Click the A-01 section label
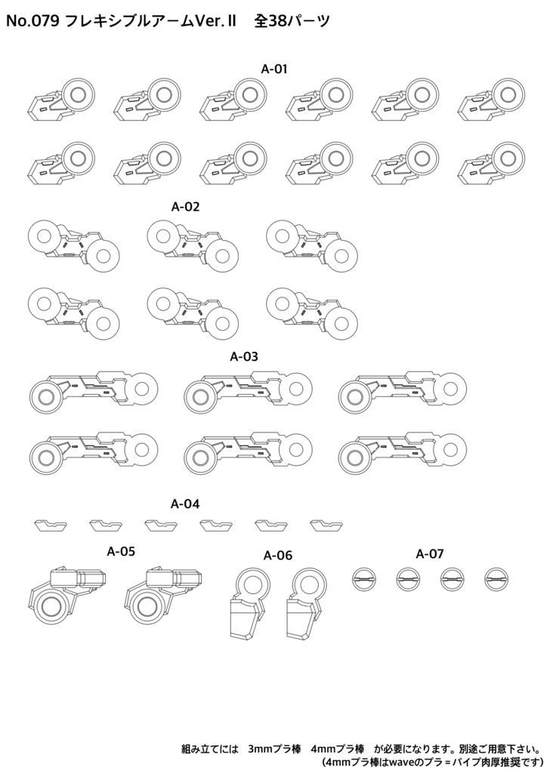273,69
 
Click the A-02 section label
185,207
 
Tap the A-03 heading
244,356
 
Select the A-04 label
185,504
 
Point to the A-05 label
121,551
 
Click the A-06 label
278,556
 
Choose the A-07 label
430,553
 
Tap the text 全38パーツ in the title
292,22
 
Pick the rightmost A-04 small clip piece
326,525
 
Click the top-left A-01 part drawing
60,98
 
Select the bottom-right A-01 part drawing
491,163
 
